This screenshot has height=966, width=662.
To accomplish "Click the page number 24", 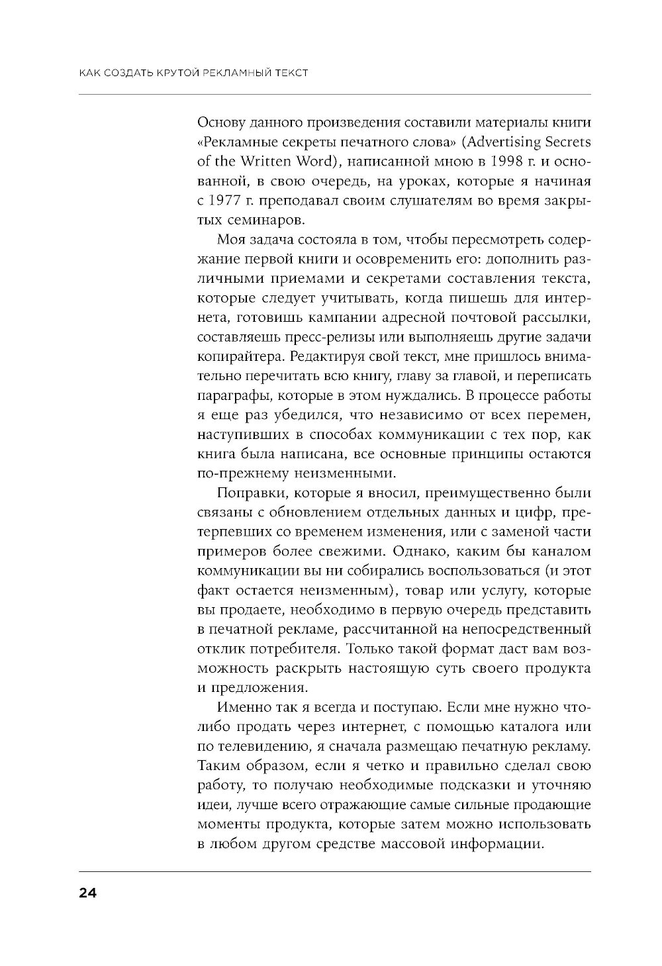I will point(87,893).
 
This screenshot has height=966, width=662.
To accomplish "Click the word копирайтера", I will point(234,356).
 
